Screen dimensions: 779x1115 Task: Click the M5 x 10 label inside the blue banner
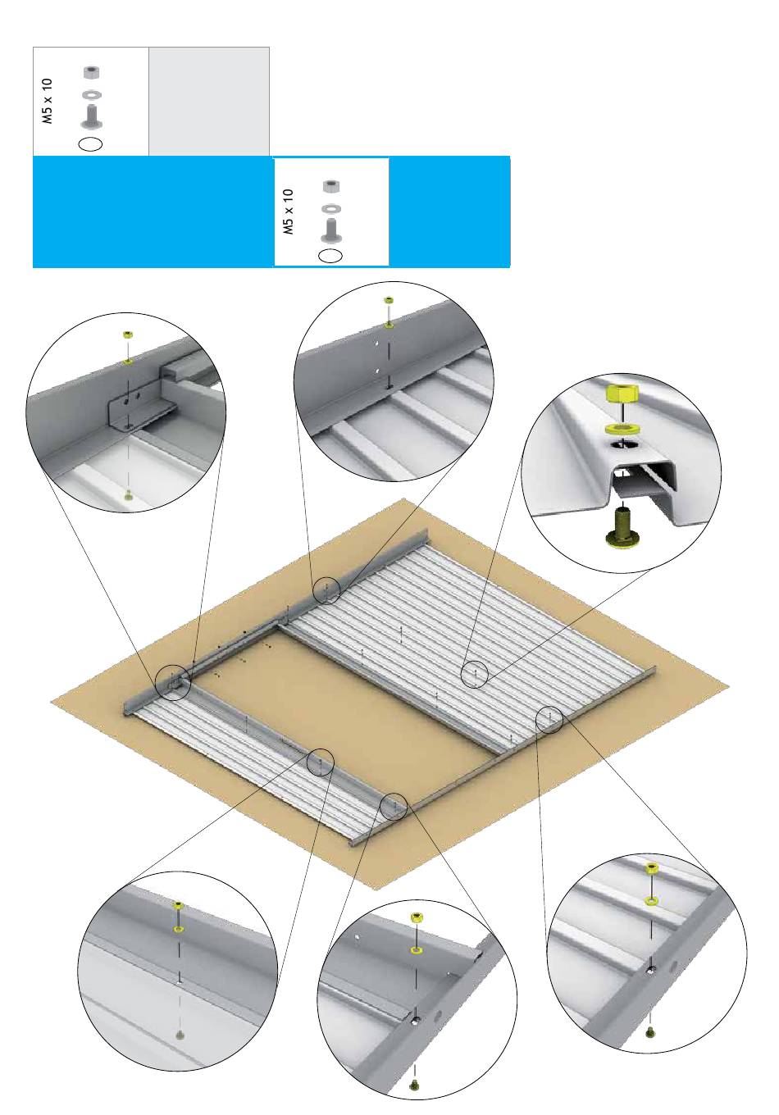click(288, 212)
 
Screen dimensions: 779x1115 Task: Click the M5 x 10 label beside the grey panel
click(47, 101)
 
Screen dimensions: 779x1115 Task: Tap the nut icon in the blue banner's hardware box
click(331, 187)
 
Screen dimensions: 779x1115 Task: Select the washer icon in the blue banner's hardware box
click(331, 207)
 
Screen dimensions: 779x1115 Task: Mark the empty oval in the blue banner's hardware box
click(330, 255)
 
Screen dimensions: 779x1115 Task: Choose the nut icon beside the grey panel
click(91, 73)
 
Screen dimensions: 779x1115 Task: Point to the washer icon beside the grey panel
click(91, 94)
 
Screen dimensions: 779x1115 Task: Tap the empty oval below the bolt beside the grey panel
click(90, 143)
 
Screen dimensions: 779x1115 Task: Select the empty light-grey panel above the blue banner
click(209, 101)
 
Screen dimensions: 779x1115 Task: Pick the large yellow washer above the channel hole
click(622, 428)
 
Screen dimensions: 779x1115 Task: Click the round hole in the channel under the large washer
click(622, 443)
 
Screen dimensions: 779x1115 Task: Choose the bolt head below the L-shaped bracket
click(129, 495)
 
